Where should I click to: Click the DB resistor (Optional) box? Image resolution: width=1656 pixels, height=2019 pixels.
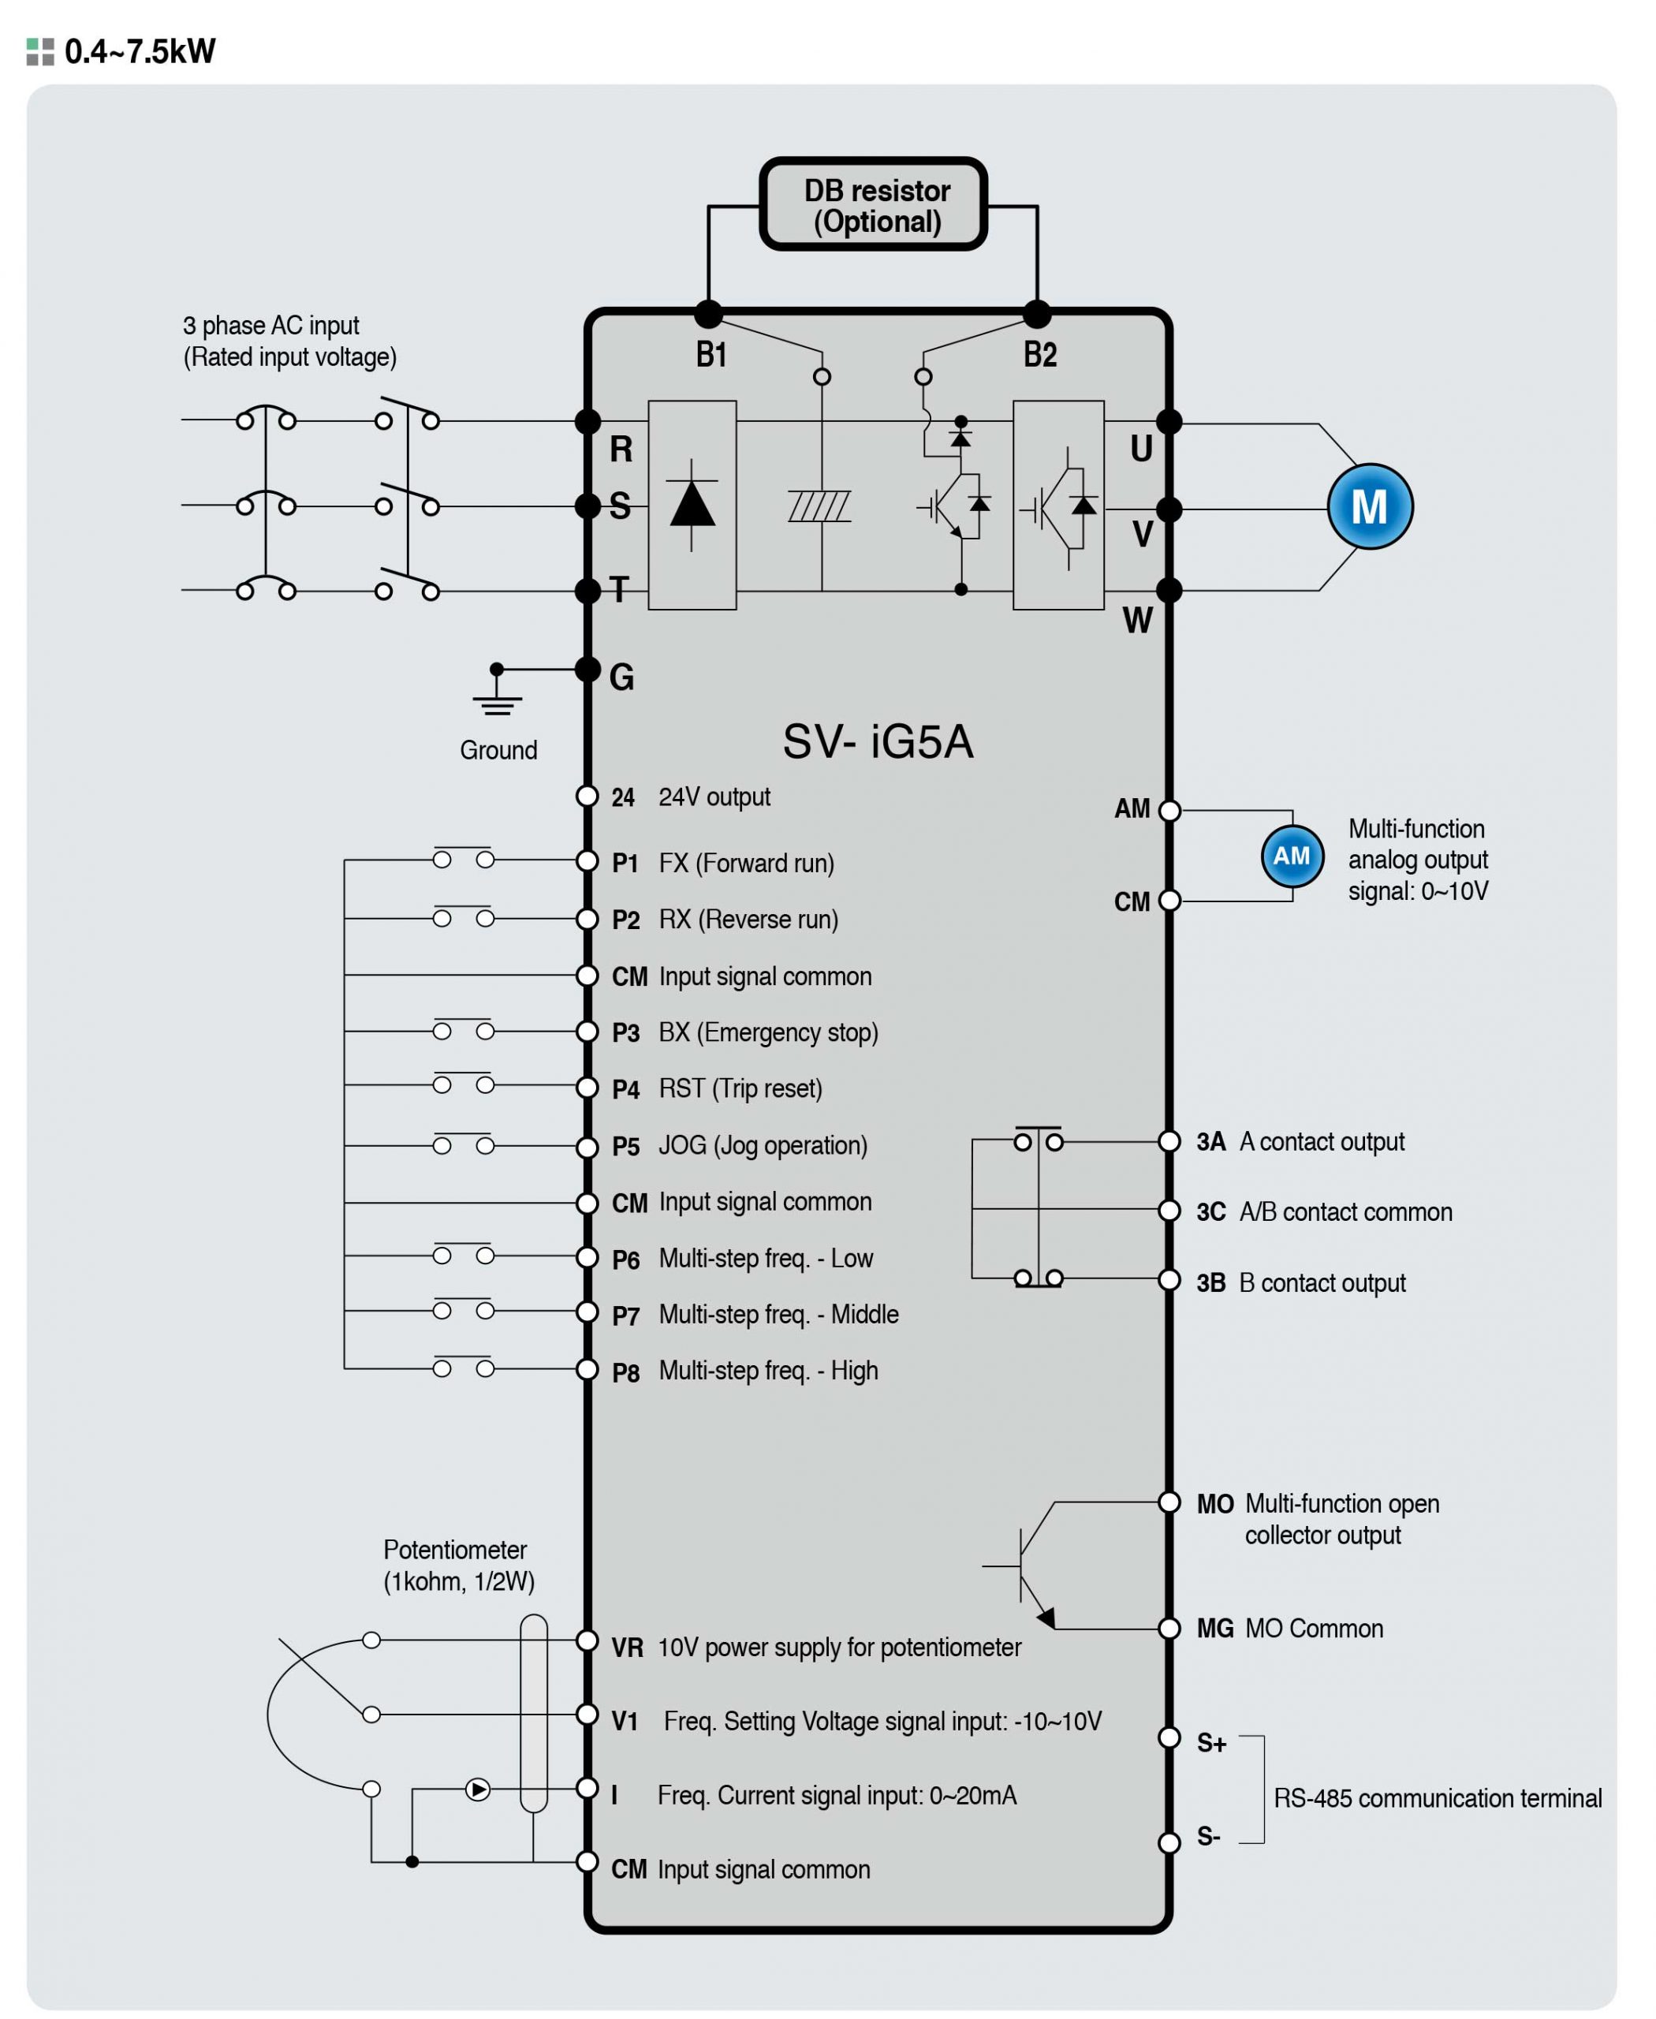(x=873, y=204)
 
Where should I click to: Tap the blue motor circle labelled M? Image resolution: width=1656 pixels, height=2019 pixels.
(x=1370, y=506)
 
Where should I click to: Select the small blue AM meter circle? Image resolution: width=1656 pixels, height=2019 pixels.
(x=1292, y=856)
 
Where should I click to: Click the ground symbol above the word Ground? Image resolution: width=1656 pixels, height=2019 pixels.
(x=497, y=692)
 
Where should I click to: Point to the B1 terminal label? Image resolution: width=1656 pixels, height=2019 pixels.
(x=711, y=355)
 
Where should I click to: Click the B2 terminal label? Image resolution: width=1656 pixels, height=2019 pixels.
(x=1040, y=355)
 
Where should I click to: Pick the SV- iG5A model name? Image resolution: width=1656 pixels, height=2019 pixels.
(x=878, y=741)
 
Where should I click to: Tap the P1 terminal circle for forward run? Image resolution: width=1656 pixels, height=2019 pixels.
(x=587, y=860)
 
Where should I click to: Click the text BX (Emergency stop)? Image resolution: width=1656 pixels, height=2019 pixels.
(x=768, y=1032)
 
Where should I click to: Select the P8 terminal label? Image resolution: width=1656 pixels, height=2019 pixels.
(x=626, y=1372)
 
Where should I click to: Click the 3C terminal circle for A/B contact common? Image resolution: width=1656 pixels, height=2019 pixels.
(x=1169, y=1210)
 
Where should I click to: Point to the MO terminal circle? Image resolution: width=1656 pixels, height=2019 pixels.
(x=1169, y=1502)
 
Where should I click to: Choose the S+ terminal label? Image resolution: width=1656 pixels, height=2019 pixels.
(x=1211, y=1743)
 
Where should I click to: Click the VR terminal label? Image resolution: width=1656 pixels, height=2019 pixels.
(x=627, y=1648)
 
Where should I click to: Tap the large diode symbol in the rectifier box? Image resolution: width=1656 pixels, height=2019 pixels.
(x=692, y=505)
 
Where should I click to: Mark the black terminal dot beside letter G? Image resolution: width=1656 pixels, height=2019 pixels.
(x=587, y=669)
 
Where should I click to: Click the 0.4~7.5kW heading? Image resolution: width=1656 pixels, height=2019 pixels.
(x=140, y=50)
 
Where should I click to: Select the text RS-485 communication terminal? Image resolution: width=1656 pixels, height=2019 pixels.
(x=1438, y=1797)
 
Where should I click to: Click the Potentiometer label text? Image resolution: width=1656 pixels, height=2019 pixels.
(x=455, y=1549)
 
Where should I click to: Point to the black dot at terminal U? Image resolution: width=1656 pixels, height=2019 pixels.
(x=1169, y=421)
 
